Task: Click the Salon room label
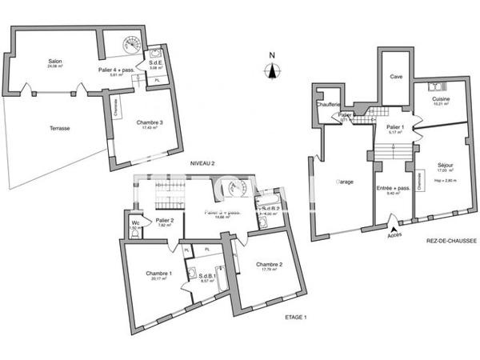55,62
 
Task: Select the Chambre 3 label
152,122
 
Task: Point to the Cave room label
395,77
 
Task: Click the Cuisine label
441,99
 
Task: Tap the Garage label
344,182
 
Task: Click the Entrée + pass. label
394,187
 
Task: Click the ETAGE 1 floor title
297,318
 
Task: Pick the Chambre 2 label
270,265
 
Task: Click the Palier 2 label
165,220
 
